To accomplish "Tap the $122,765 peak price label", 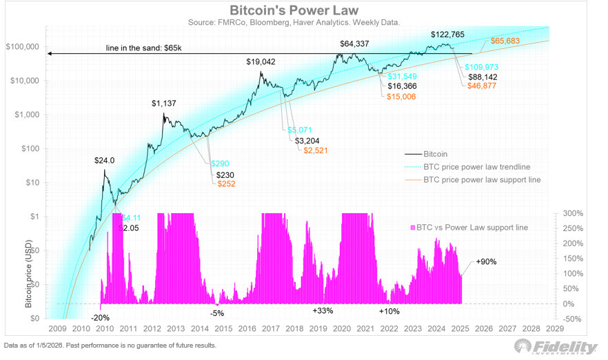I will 449,34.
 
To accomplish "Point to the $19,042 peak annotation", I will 261,61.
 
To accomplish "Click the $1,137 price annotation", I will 165,103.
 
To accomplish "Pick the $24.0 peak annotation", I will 104,160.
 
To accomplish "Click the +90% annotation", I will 486,262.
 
